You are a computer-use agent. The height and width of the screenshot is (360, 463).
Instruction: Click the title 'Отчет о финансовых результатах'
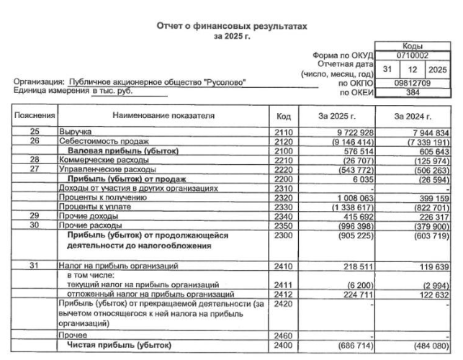[x=232, y=26]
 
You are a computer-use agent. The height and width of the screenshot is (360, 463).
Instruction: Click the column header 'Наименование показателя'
[x=163, y=116]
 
